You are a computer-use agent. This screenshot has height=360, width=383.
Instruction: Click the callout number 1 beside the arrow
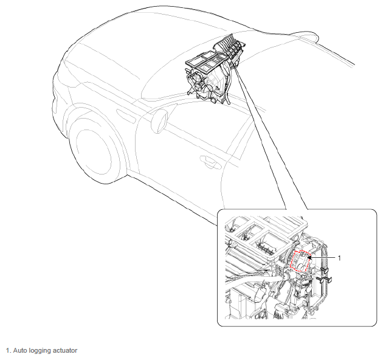coord(339,258)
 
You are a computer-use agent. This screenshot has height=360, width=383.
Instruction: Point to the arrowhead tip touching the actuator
coord(308,257)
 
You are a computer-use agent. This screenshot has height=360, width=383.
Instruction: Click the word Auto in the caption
coord(20,350)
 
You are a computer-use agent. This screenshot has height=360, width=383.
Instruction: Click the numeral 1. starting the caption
coord(9,350)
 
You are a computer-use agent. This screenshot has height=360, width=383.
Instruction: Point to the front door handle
coord(210,162)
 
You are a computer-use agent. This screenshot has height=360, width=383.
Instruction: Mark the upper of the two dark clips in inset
coord(325,271)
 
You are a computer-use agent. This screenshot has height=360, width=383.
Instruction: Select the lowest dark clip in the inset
coord(324,279)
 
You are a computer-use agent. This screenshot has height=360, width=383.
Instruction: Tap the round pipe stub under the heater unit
coord(214,100)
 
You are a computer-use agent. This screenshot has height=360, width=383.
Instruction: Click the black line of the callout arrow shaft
coord(323,257)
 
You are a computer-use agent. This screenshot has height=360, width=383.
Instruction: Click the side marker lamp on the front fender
coord(126,116)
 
